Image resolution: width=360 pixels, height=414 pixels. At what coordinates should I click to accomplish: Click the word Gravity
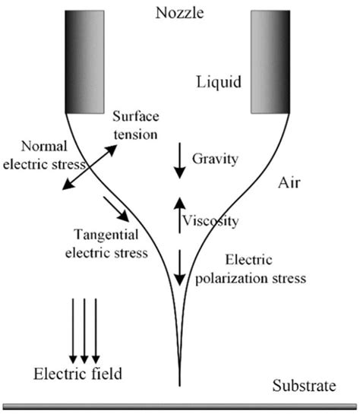[216, 159]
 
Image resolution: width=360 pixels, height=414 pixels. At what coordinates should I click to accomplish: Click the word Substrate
[303, 387]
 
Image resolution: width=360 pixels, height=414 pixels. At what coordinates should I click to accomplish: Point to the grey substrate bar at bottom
[180, 406]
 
